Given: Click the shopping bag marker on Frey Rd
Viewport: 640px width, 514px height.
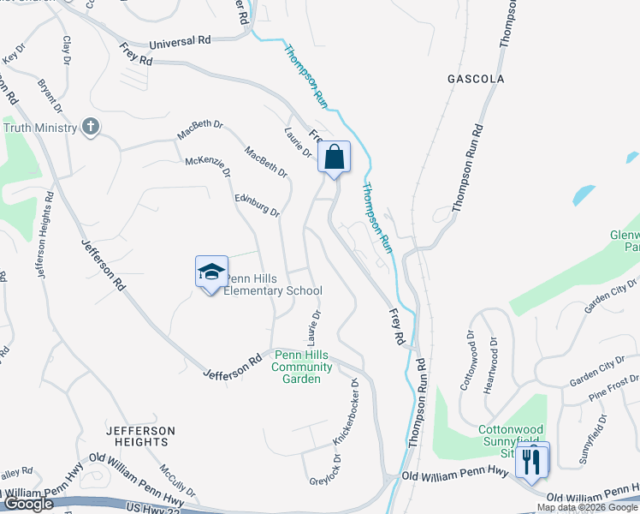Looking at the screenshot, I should pos(334,158).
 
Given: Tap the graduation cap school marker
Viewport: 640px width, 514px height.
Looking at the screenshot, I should pos(211,273).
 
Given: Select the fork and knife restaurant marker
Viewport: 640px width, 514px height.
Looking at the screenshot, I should pos(531,461).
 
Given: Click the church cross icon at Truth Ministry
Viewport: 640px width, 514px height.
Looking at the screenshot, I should pos(90,128).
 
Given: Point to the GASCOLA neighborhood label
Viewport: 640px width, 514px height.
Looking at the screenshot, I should pos(476,79).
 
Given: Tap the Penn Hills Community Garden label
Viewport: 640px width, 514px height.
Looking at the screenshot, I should pos(297,367).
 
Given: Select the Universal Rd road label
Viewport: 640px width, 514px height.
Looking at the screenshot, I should pos(180,40).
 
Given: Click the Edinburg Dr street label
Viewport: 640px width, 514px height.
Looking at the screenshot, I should pos(258,205).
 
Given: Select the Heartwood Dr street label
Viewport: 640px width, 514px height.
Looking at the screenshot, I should pos(492,364).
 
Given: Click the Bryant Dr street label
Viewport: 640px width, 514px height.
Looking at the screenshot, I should pos(50,96).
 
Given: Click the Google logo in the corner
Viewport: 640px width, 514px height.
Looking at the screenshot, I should pos(28,504).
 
